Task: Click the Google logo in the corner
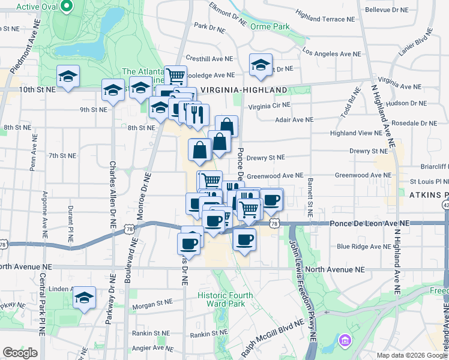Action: coord(20,353)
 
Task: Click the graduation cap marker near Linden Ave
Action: coord(85,298)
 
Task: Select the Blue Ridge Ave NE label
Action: coord(361,246)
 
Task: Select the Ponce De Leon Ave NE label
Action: coord(369,223)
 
